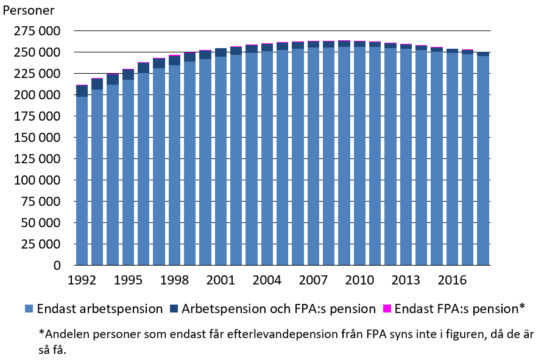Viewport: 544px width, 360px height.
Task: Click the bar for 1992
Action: pos(82,183)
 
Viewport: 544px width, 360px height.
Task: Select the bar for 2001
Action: pos(221,164)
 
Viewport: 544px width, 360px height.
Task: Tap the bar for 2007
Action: pos(313,158)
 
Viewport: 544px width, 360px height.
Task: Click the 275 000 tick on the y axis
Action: pos(36,31)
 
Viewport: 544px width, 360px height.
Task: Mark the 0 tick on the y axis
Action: pos(57,266)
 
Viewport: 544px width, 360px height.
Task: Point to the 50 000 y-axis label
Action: pos(39,223)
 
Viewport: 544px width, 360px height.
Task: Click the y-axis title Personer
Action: pos(28,10)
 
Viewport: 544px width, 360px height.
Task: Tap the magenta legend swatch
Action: pos(387,309)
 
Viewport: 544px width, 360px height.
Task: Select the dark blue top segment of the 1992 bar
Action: pos(82,91)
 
